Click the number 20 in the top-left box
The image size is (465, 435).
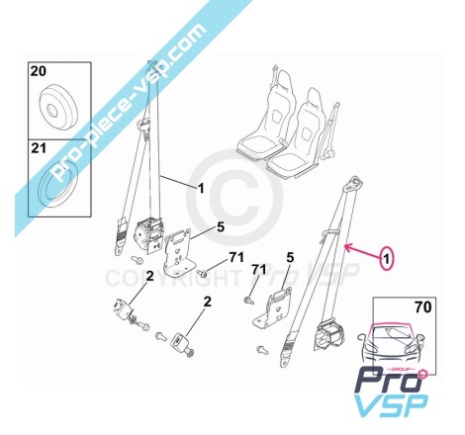tap(39, 71)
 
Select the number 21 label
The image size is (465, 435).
tap(39, 148)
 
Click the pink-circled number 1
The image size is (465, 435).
tap(388, 259)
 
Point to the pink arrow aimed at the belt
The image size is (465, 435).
tap(362, 251)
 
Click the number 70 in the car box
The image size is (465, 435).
tap(423, 307)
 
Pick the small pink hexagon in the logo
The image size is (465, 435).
tap(422, 375)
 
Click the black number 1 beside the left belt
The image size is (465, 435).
tap(201, 189)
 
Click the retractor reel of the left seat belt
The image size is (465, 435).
tap(148, 233)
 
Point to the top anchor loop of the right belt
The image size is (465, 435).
tap(353, 183)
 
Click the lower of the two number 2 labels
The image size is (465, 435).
tap(207, 302)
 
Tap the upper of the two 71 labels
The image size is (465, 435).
tap(236, 257)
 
